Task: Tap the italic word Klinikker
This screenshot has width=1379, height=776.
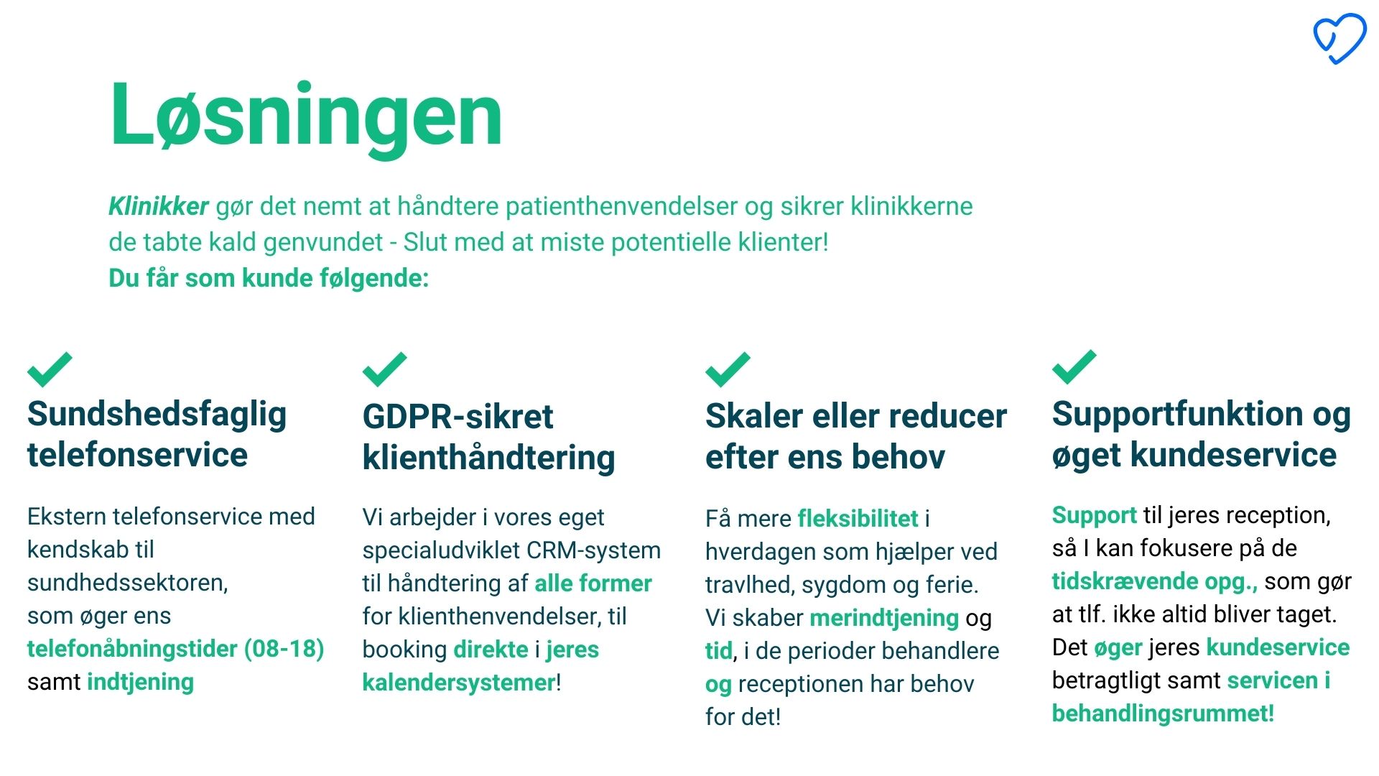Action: coord(159,206)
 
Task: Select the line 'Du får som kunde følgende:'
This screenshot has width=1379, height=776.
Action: coord(269,278)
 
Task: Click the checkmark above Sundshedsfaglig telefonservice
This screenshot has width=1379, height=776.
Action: coord(50,369)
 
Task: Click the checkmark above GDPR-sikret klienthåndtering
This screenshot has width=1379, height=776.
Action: coord(384,369)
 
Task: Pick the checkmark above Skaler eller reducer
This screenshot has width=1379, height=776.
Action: coord(728,369)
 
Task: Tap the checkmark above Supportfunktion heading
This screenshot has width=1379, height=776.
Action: coord(1074,367)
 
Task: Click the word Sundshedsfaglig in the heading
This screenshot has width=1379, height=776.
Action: coord(157,415)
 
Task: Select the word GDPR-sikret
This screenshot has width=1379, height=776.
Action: coord(458,417)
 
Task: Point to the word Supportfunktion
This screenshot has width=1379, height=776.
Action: coord(1177,415)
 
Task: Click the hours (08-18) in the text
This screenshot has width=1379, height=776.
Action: coord(284,649)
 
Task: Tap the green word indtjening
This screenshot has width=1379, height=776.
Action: coord(140,682)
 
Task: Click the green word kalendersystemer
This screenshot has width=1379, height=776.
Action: coord(459,683)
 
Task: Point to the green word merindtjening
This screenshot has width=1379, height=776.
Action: coord(884,618)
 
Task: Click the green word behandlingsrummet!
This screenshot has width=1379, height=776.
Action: coord(1163,713)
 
